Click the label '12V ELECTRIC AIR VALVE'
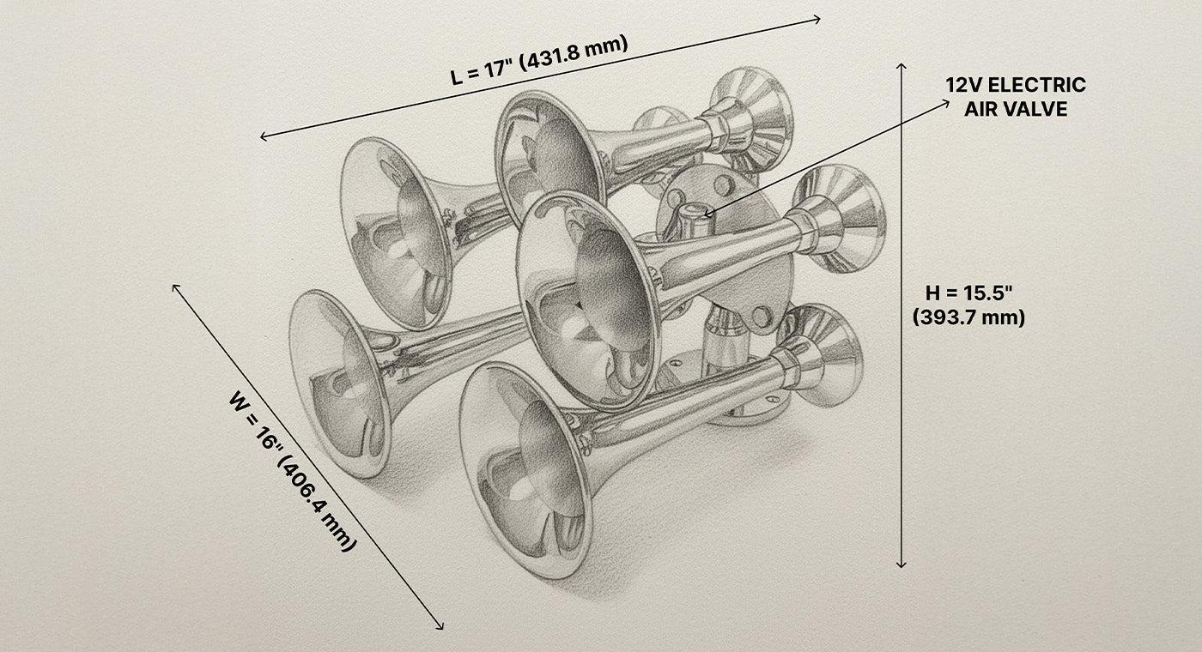pos(1016,97)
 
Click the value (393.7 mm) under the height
pos(968,317)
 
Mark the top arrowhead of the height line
pos(901,66)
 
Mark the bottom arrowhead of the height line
pos(901,564)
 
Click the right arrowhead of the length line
pos(818,18)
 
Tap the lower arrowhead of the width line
pos(440,626)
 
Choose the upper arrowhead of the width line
pos(176,287)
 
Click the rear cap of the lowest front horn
pos(824,347)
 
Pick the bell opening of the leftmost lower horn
pos(339,382)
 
